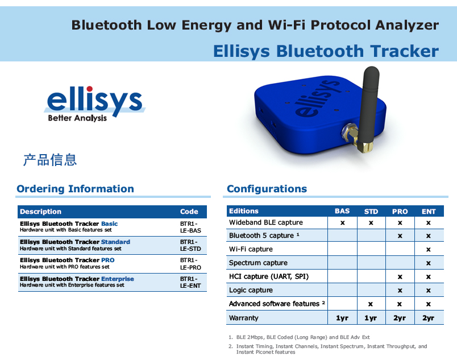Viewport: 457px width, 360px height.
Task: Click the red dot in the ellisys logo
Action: [89, 89]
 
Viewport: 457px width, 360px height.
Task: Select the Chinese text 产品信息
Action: [50, 160]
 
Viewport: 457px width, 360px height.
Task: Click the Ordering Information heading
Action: [75, 189]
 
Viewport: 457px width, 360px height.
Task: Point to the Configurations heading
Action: [267, 189]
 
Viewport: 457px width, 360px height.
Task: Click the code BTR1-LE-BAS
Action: [190, 227]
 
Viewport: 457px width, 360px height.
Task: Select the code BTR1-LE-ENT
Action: [190, 282]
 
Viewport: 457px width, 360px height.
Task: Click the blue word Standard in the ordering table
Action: [115, 242]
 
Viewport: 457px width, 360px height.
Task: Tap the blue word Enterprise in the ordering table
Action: [118, 279]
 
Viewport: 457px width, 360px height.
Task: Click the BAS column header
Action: [342, 211]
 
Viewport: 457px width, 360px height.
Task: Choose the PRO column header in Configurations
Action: [400, 212]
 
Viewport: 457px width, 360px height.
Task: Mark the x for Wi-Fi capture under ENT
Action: [428, 250]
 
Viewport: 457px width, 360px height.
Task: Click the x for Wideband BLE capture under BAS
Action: [342, 223]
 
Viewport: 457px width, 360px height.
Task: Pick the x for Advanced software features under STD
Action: [371, 304]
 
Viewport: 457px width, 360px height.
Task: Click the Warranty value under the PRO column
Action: [400, 318]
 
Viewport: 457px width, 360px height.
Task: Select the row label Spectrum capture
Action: [258, 263]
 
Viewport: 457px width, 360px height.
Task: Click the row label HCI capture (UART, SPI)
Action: [269, 276]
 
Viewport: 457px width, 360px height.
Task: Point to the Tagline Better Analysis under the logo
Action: [77, 118]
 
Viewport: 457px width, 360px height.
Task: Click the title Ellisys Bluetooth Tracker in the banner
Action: [326, 51]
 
